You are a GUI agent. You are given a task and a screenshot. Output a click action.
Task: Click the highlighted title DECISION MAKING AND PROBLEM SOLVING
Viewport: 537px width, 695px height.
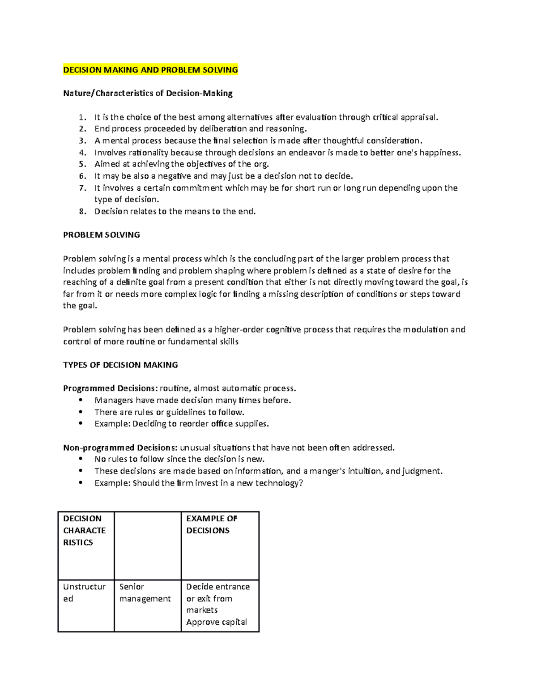point(150,70)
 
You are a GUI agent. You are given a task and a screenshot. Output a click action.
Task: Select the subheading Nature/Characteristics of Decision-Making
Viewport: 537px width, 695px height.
point(148,94)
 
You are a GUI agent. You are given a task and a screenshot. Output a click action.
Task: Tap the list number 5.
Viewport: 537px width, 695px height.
point(82,164)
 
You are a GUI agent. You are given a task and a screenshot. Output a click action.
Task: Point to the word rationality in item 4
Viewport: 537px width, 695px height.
point(148,153)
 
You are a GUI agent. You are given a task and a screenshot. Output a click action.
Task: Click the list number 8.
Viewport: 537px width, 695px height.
point(82,212)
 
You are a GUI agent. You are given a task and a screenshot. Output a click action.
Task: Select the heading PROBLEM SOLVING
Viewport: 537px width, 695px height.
point(102,235)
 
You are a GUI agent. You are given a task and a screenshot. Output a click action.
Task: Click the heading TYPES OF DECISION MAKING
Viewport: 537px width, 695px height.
point(120,365)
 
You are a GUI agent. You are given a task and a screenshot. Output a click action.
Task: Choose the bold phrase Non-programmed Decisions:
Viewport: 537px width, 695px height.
point(120,448)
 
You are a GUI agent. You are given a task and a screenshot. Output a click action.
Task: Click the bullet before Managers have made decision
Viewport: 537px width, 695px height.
point(81,401)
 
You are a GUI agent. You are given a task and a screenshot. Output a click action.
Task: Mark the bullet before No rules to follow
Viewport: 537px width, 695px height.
point(81,459)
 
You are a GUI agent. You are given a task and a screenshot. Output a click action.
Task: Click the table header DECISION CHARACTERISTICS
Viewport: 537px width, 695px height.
point(85,530)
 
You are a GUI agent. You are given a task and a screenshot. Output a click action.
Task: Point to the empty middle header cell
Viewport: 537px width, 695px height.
point(148,546)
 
